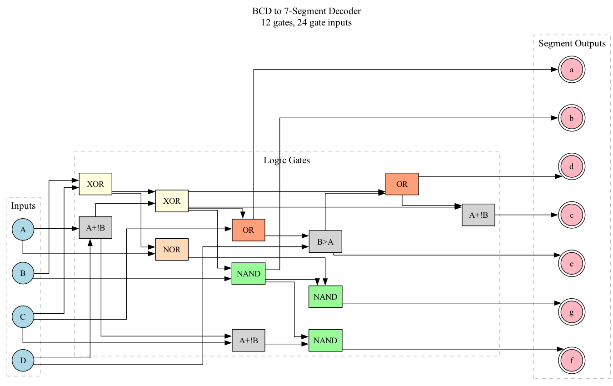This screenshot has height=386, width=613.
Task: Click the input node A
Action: coord(23,230)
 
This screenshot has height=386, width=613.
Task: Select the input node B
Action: coord(23,273)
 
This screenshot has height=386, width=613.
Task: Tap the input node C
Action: coord(23,317)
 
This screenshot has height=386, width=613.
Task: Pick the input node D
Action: coord(23,361)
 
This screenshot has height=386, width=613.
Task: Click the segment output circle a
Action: coord(572,70)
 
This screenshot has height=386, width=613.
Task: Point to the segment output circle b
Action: coord(572,118)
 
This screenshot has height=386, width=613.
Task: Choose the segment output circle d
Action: coord(572,166)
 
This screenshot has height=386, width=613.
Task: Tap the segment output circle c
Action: coord(572,215)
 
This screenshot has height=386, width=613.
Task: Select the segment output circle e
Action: coord(572,264)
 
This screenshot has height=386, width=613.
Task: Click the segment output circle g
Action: coord(572,312)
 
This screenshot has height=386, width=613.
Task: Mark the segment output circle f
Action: coord(572,361)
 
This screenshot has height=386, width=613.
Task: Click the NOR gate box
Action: coord(172,250)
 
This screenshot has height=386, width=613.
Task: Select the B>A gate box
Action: coord(325,242)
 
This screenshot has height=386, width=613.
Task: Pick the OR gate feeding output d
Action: coord(402,184)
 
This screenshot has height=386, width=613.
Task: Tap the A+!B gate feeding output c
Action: coord(478,215)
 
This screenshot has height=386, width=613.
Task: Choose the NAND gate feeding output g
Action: coord(325,297)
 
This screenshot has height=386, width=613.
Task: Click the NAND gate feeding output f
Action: coord(325,341)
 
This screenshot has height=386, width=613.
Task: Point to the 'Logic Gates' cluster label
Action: coord(287,160)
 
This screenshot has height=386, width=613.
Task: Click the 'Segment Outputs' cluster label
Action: coord(572,44)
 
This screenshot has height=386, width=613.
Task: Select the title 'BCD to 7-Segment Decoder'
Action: coord(307,11)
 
